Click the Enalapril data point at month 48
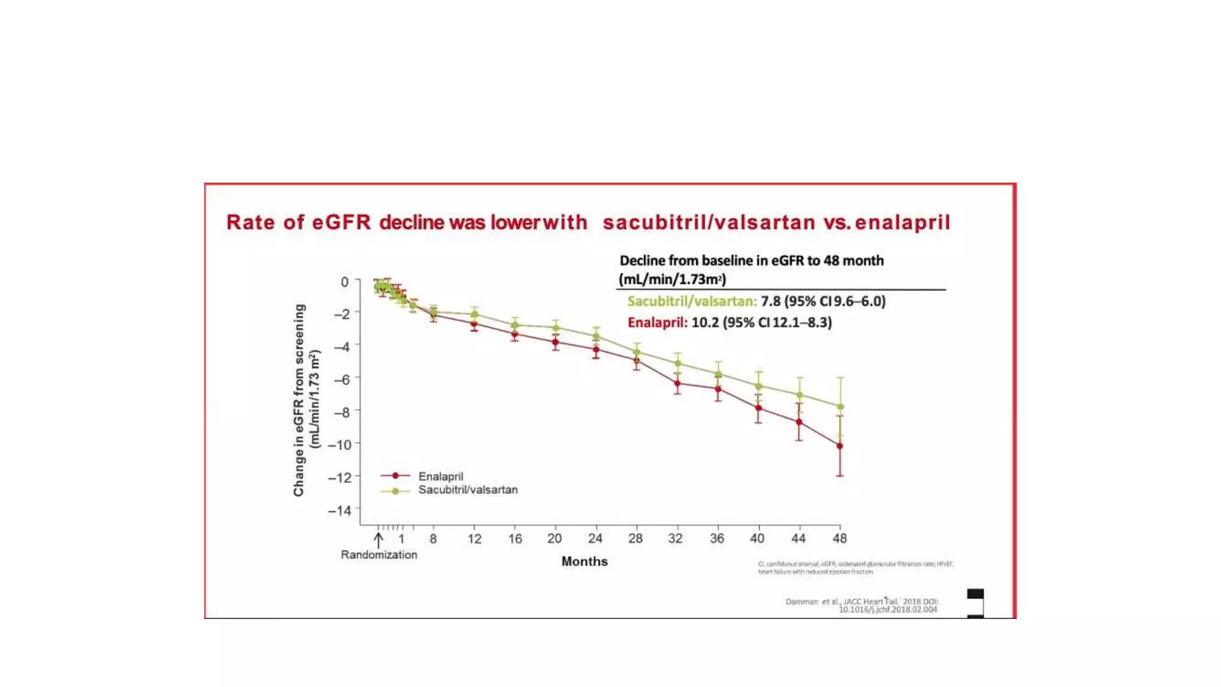840,445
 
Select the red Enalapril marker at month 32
677,383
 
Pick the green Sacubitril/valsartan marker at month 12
475,314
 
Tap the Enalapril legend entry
440,476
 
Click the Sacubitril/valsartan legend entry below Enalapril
467,490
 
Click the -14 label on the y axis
340,510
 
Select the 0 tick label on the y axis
345,281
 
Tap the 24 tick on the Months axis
595,539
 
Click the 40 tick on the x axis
757,539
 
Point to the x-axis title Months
584,561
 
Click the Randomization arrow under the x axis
379,540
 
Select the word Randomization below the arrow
379,555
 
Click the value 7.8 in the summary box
770,301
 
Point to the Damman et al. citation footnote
861,605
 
